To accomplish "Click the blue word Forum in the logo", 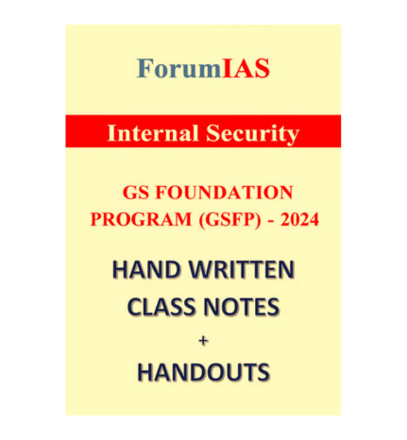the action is (x=178, y=68).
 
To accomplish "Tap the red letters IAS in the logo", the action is (x=246, y=68).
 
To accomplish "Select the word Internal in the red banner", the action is (x=153, y=132).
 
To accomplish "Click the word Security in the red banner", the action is (x=252, y=133).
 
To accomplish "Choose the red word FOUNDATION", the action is (x=225, y=193).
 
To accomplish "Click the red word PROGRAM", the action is (x=141, y=219).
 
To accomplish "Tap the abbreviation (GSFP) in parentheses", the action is (x=229, y=220).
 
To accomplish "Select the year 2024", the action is (x=299, y=219).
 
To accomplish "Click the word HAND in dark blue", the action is (x=146, y=270).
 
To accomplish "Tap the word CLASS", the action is (x=163, y=307).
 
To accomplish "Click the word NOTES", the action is (x=242, y=307).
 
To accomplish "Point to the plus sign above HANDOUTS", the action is (x=204, y=340).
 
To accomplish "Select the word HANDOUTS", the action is (x=204, y=372).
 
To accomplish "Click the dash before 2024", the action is (x=271, y=221).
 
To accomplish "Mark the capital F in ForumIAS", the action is (x=145, y=68).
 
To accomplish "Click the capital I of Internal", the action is (x=111, y=133).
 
